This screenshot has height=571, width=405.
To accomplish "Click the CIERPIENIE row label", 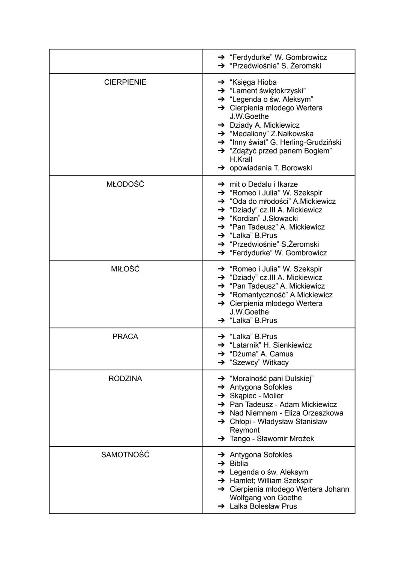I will pyautogui.click(x=125, y=82).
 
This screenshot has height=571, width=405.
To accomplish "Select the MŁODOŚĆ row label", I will pyautogui.click(x=125, y=185).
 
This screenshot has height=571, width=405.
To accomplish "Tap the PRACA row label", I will pyautogui.click(x=125, y=337).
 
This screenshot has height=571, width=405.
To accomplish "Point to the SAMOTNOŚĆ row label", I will pyautogui.click(x=125, y=455).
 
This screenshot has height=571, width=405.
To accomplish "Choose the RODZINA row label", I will pyautogui.click(x=125, y=379).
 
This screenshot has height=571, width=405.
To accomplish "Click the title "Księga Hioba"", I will pyautogui.click(x=253, y=82).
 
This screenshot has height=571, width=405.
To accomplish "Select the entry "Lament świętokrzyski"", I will pyautogui.click(x=267, y=91).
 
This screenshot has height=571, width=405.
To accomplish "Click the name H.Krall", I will pyautogui.click(x=241, y=160).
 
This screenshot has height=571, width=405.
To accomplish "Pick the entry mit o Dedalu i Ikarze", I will pyautogui.click(x=263, y=185).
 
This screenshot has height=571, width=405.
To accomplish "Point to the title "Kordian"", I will pyautogui.click(x=245, y=219).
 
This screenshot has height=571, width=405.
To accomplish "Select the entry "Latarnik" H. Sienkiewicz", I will pyautogui.click(x=270, y=345).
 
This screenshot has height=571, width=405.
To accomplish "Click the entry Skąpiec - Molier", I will pyautogui.click(x=256, y=396).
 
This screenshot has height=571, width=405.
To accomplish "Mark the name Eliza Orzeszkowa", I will pyautogui.click(x=313, y=413).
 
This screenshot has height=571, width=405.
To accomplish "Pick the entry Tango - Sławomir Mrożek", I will pyautogui.click(x=271, y=438).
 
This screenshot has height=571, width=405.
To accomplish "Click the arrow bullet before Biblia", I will pyautogui.click(x=222, y=464).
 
